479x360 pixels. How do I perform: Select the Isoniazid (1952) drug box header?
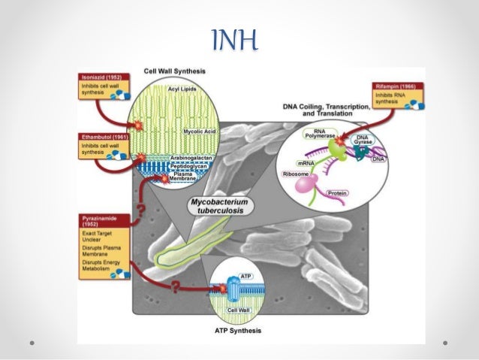click(105, 77)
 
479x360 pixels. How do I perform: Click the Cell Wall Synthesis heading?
click(175, 71)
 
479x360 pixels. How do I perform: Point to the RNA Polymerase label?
click(315, 134)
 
